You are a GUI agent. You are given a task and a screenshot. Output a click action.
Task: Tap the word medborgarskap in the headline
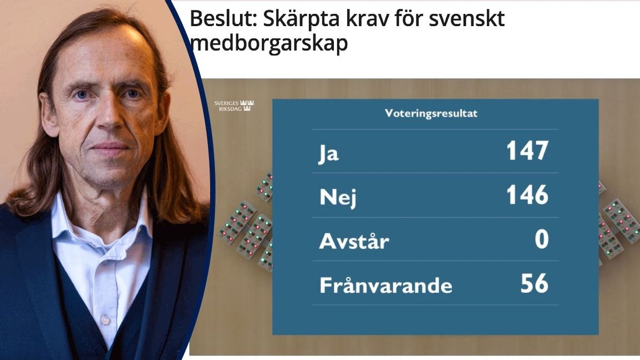point(269,43)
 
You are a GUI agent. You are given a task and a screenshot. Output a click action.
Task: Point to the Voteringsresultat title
point(431,114)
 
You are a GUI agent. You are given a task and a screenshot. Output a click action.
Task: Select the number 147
point(527,151)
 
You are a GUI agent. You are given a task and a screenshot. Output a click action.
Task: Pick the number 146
point(527,195)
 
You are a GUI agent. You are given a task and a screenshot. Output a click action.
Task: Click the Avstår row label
point(354,242)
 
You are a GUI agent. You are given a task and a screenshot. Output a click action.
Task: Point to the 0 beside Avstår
point(541,239)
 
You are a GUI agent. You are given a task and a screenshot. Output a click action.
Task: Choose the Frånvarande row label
point(386,286)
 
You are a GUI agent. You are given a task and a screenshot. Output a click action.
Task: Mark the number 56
point(534,283)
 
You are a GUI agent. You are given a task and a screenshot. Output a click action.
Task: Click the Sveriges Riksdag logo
point(234,105)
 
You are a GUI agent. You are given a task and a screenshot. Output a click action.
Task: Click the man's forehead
point(103,58)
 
